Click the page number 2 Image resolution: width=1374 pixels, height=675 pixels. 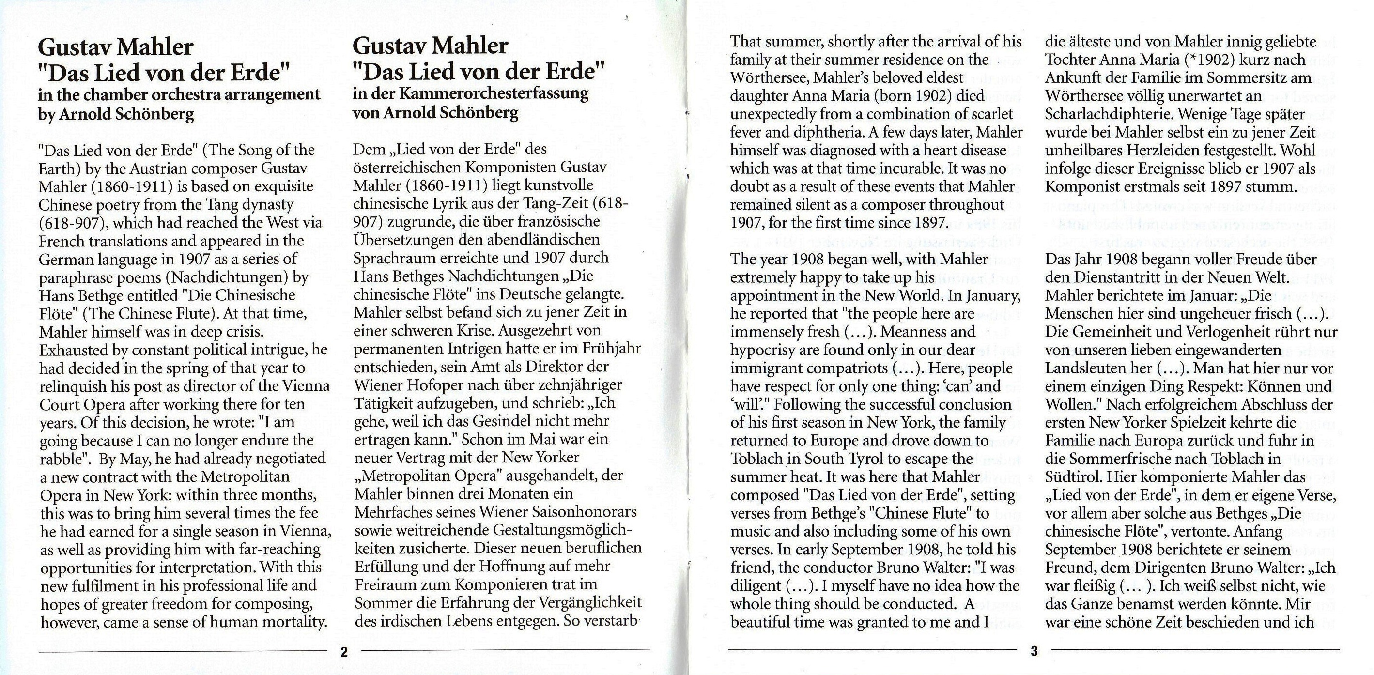pyautogui.click(x=344, y=652)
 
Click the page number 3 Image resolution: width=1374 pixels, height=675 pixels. pyautogui.click(x=1034, y=651)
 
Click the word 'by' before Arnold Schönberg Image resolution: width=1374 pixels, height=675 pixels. pyautogui.click(x=46, y=114)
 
